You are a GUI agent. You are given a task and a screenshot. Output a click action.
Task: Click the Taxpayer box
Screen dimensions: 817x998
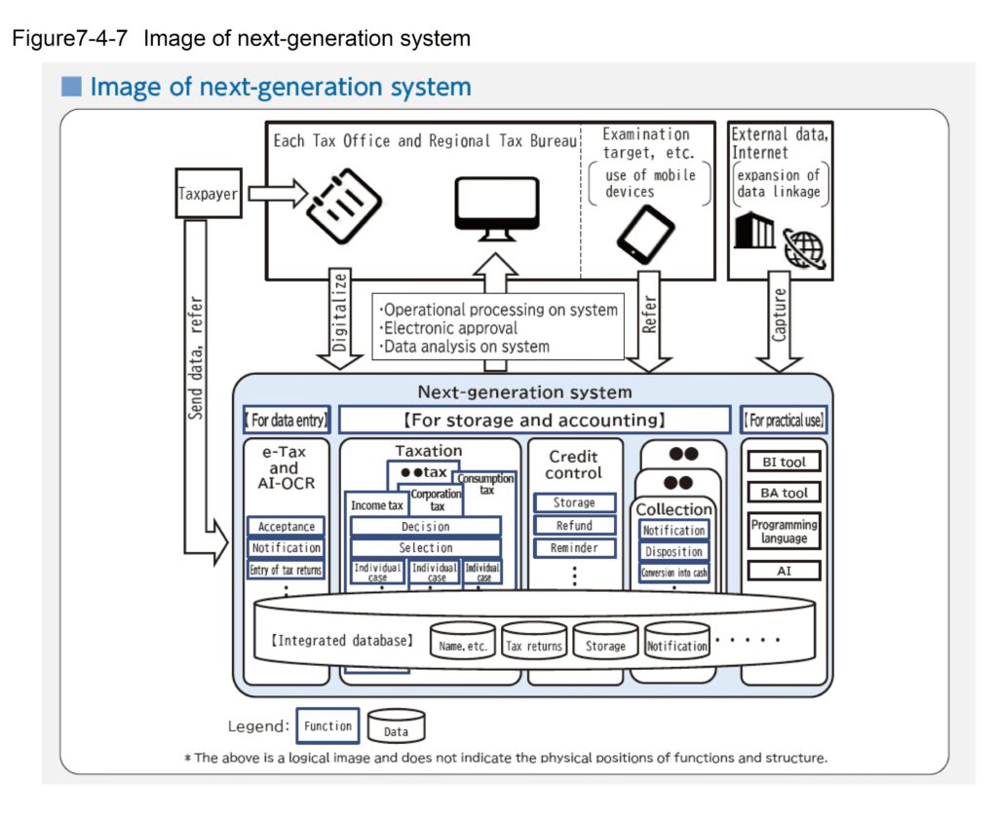click(209, 193)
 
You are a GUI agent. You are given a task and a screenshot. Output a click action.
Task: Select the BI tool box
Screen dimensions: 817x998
click(784, 462)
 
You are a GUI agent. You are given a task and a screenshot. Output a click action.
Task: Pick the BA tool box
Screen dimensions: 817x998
click(784, 492)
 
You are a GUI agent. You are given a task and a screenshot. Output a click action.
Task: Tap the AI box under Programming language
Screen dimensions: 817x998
click(784, 571)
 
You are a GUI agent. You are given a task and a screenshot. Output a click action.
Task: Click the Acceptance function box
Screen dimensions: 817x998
click(286, 527)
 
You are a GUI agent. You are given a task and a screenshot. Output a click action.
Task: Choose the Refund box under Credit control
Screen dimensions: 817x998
click(574, 526)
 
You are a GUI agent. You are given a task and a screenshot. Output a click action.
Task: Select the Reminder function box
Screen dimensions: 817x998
click(574, 548)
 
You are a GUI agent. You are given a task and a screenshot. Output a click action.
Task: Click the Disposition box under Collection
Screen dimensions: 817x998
click(673, 552)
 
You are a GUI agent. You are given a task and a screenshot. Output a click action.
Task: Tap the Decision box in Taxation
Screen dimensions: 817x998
click(425, 527)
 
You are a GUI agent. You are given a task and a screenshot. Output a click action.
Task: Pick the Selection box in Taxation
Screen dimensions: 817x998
click(425, 548)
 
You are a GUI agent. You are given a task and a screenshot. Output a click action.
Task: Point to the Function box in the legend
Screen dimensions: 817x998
click(327, 726)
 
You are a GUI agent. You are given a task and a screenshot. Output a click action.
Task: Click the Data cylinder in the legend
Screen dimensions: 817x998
click(396, 728)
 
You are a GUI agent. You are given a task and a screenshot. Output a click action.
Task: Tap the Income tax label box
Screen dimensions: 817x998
click(375, 505)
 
